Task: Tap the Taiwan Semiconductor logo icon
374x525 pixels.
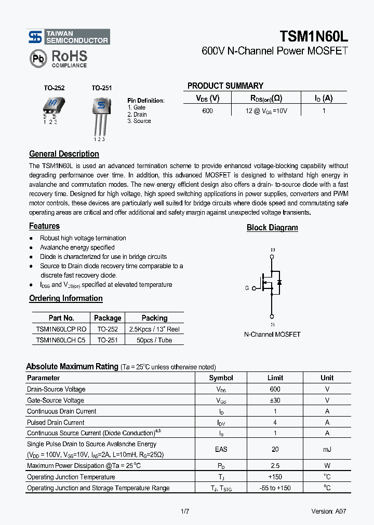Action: pos(35,37)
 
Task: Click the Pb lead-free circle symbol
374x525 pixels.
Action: pos(38,59)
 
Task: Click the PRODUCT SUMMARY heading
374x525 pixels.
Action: pos(225,86)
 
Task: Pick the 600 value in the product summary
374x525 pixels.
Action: pos(208,110)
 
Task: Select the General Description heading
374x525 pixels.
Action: pos(64,154)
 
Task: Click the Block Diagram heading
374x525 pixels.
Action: pos(272,228)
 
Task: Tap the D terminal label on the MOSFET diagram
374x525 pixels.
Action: pos(273,250)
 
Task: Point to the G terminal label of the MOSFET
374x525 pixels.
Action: pos(247,288)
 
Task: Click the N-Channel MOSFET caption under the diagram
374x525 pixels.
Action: pos(272,335)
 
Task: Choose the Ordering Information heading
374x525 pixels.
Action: pos(65,298)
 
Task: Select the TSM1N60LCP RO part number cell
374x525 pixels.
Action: pos(61,329)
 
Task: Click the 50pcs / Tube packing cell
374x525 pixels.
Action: pos(154,340)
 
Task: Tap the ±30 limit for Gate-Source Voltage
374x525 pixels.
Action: pos(275,400)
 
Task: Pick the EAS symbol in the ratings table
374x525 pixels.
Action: pos(221,449)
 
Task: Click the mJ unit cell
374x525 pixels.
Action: pos(327,449)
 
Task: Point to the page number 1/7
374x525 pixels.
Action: pos(185,511)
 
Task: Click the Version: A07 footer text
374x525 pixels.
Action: pos(328,511)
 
